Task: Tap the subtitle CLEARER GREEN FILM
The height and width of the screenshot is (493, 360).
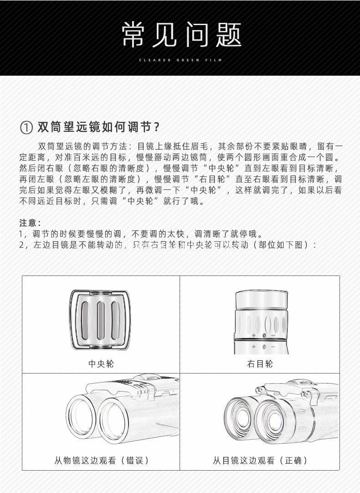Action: point(181,60)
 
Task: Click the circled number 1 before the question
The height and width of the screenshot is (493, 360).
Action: point(27,127)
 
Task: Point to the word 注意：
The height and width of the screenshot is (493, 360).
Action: point(30,223)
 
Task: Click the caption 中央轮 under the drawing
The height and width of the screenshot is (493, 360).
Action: point(101,363)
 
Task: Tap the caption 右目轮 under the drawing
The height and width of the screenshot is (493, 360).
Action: point(260,363)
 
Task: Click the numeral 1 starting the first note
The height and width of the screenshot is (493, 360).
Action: point(21,234)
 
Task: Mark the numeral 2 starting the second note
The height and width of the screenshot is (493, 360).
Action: point(21,245)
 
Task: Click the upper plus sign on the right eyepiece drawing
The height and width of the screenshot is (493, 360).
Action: point(254,336)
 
